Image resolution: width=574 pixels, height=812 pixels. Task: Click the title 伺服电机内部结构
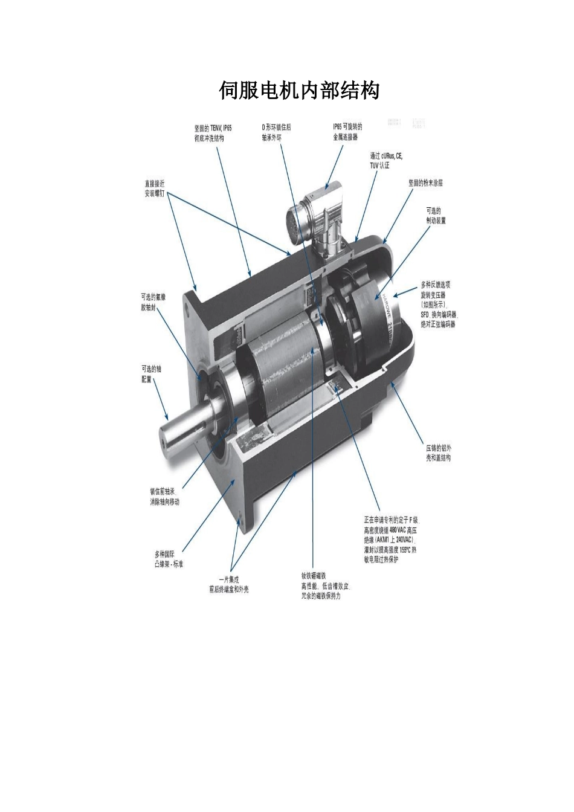click(298, 91)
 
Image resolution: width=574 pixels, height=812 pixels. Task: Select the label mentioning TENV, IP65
click(213, 133)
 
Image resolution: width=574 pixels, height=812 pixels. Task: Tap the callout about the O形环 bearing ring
click(276, 132)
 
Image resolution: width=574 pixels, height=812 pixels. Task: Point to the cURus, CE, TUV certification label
click(385, 159)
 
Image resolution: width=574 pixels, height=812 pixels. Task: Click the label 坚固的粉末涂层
click(430, 182)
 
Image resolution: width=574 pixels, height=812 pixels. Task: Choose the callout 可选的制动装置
click(436, 216)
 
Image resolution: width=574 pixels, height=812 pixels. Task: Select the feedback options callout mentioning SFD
click(439, 304)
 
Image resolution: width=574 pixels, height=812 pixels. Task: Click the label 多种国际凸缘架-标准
click(169, 558)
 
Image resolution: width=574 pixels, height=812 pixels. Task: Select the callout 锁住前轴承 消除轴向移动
click(165, 497)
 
